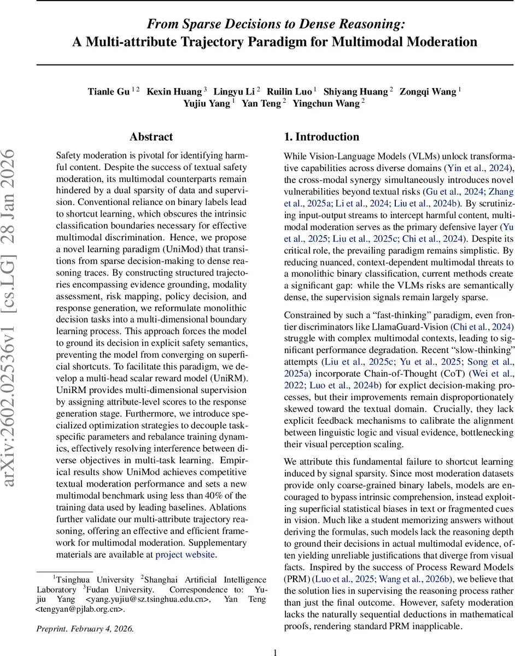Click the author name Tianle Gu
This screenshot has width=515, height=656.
click(x=108, y=91)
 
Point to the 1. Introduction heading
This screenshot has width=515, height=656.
click(x=321, y=137)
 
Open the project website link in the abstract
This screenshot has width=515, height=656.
click(x=185, y=554)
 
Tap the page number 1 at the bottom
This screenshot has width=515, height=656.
click(x=276, y=652)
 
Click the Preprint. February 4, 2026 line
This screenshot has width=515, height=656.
click(x=85, y=628)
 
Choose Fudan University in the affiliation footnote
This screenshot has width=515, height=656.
click(x=114, y=589)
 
